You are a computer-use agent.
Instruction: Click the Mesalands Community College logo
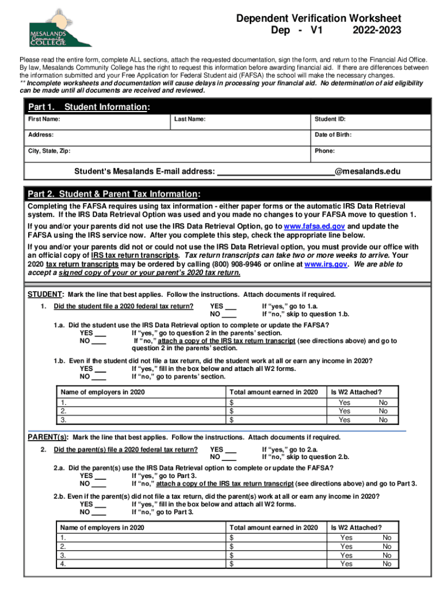pyautogui.click(x=60, y=28)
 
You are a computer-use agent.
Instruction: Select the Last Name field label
pyautogui.click(x=189, y=120)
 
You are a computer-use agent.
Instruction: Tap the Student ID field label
pyautogui.click(x=330, y=120)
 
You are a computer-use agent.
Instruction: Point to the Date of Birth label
pyautogui.click(x=333, y=135)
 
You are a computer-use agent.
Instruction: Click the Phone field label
pyautogui.click(x=324, y=151)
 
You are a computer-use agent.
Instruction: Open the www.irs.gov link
pyautogui.click(x=326, y=265)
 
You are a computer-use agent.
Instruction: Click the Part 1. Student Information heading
pyautogui.click(x=90, y=107)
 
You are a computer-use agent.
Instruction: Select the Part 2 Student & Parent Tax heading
pyautogui.click(x=114, y=194)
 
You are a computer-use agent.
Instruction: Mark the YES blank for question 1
pyautogui.click(x=229, y=307)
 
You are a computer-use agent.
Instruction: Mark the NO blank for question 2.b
pyautogui.click(x=100, y=512)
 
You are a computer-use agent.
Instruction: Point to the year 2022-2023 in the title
pyautogui.click(x=377, y=30)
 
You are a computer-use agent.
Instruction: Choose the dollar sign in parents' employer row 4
pyautogui.click(x=232, y=564)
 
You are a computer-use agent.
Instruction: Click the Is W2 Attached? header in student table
pyautogui.click(x=356, y=392)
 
